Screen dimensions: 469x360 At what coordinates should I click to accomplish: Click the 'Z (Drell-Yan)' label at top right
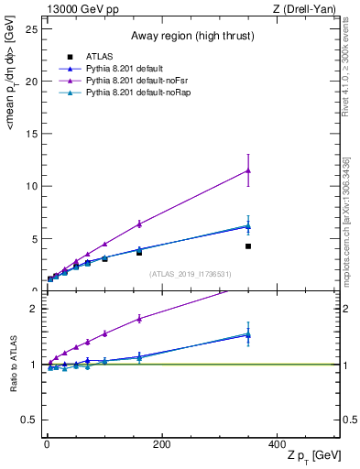click(308, 9)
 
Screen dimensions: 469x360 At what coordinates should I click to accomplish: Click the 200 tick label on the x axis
click(161, 443)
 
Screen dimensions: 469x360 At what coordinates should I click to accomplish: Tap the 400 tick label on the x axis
click(277, 443)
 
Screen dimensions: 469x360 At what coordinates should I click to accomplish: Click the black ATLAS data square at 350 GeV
click(248, 246)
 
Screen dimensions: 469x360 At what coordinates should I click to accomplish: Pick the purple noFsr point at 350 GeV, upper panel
click(248, 170)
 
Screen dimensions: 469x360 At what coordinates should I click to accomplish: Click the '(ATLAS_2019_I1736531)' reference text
click(191, 274)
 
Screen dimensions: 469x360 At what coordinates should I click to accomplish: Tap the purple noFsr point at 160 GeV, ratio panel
click(139, 319)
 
